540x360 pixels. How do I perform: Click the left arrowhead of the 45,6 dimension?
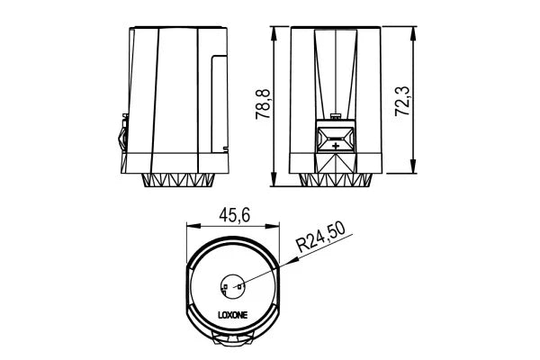tap(188, 226)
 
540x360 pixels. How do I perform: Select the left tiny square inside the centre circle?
tap(225, 288)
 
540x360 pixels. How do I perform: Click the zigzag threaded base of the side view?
tap(180, 180)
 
